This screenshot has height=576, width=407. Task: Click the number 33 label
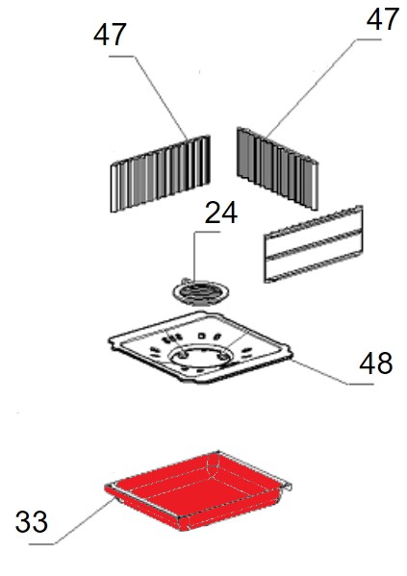(x=32, y=522)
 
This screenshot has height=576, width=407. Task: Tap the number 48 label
(x=376, y=363)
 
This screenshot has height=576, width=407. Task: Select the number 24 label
(x=221, y=213)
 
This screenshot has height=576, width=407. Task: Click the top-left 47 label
(x=110, y=35)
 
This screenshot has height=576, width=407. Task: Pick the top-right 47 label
(x=383, y=19)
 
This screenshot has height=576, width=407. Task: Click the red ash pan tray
(x=198, y=490)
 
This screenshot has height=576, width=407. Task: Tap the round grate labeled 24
(x=201, y=292)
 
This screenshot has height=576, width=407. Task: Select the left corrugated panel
(x=161, y=174)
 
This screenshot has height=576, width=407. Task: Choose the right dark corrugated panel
(x=277, y=168)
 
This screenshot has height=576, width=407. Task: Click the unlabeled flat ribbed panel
(x=314, y=244)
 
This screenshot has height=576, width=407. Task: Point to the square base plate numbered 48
(x=200, y=347)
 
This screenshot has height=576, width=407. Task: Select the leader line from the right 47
(x=313, y=88)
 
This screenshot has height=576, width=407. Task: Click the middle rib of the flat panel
(x=314, y=244)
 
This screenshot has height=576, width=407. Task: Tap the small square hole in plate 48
(x=201, y=336)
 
